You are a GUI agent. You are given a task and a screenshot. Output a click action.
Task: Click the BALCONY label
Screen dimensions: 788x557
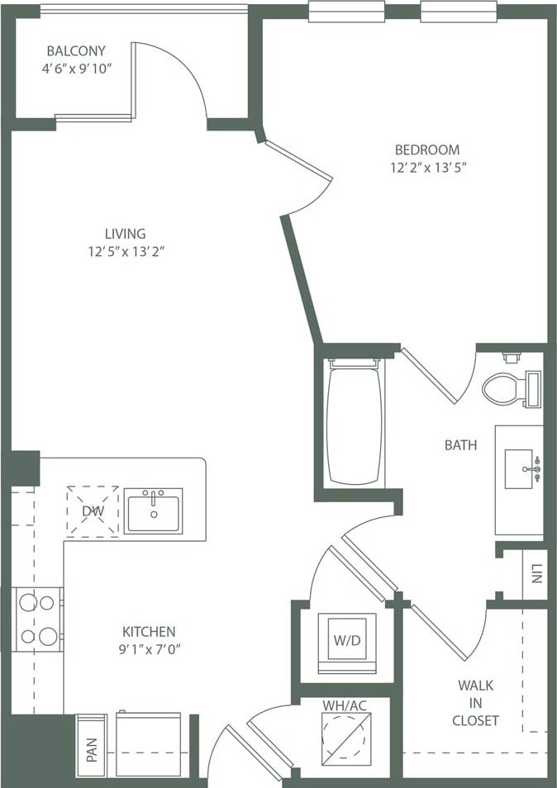[x=75, y=50]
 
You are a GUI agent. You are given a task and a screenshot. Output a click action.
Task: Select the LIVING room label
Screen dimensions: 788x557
[x=125, y=234]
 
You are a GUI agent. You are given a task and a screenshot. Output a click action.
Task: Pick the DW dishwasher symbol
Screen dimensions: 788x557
[x=93, y=511]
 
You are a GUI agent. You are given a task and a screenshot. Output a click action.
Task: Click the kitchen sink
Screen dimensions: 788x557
[x=154, y=510]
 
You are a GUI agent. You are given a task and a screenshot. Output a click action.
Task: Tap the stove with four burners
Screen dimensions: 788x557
[x=38, y=619]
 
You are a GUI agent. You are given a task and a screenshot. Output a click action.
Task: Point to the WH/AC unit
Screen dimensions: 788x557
[x=345, y=733]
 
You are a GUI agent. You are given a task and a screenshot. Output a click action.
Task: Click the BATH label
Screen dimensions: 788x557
[x=460, y=445]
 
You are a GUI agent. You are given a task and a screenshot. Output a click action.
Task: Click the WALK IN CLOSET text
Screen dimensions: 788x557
[x=475, y=702]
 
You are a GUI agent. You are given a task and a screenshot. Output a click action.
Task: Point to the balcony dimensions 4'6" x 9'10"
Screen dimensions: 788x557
[x=75, y=68]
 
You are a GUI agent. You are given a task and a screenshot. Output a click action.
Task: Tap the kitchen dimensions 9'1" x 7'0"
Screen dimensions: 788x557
[x=149, y=648]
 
